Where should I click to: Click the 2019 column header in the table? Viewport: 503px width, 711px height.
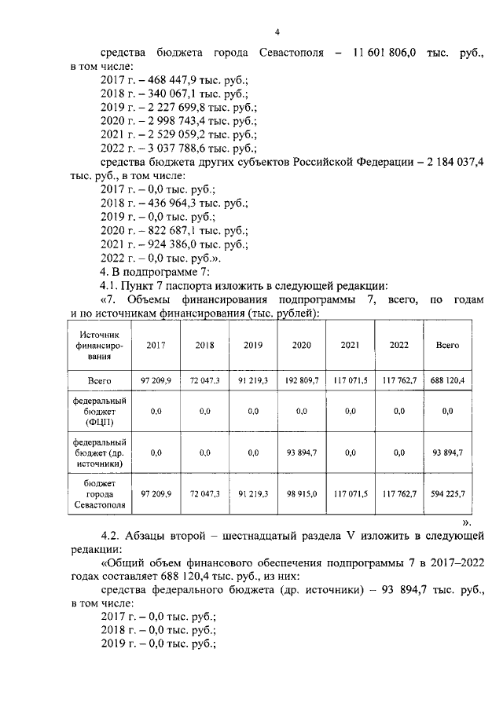coord(253,345)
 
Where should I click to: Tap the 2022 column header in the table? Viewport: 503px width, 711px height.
coord(399,345)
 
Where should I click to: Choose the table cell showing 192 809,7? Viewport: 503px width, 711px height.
coord(302,380)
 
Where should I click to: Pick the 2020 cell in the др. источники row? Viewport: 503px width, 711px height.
coord(302,453)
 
